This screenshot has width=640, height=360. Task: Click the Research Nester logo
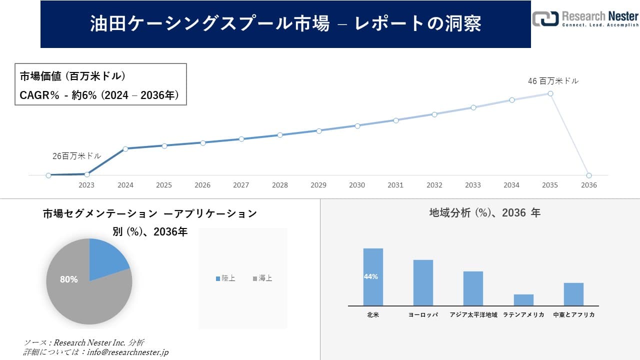pyautogui.click(x=585, y=18)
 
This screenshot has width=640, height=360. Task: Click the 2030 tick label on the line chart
pyautogui.click(x=357, y=185)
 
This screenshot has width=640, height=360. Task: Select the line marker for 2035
pyautogui.click(x=550, y=93)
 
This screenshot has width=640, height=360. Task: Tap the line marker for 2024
pyautogui.click(x=125, y=148)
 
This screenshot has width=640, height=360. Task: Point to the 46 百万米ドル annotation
pyautogui.click(x=553, y=80)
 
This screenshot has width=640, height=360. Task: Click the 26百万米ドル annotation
pyautogui.click(x=77, y=156)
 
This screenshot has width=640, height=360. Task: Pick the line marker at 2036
pyautogui.click(x=589, y=175)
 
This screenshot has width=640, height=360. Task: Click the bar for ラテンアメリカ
pyautogui.click(x=523, y=300)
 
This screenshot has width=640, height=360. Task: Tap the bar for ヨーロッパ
pyautogui.click(x=423, y=282)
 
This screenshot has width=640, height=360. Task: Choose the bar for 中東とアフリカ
pyautogui.click(x=573, y=294)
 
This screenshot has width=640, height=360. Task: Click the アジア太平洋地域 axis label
pyautogui.click(x=473, y=315)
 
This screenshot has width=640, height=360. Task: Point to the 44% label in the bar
pyautogui.click(x=371, y=276)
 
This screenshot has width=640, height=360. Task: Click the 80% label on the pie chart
pyautogui.click(x=69, y=279)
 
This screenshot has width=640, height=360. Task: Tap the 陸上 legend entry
pyautogui.click(x=225, y=278)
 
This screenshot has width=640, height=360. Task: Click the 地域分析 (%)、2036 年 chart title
pyautogui.click(x=484, y=213)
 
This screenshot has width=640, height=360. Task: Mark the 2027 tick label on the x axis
pyautogui.click(x=241, y=185)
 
